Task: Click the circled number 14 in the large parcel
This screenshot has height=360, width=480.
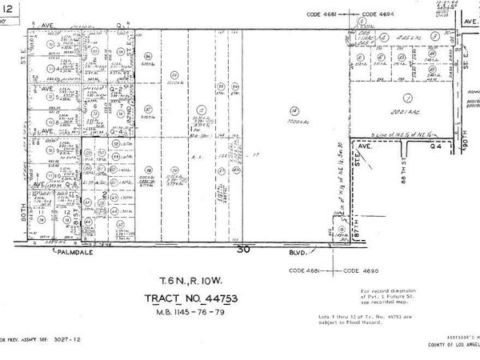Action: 294,110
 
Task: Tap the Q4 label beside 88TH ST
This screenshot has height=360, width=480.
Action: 435,148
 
